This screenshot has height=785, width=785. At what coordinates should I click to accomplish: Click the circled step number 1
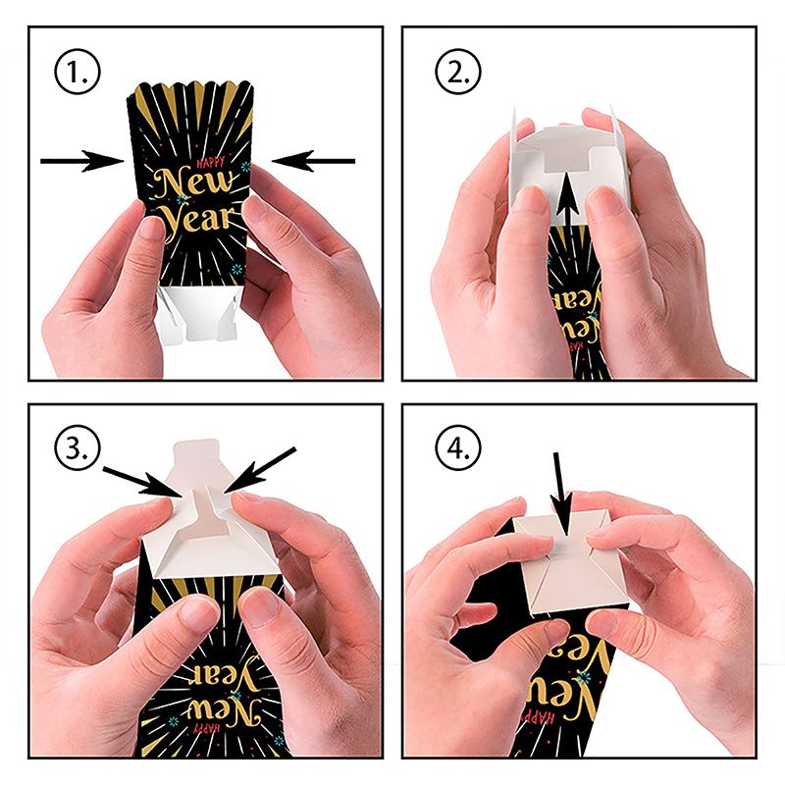click(x=78, y=72)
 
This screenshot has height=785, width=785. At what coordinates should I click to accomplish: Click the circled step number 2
click(x=458, y=72)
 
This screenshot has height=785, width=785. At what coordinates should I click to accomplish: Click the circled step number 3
click(x=78, y=447)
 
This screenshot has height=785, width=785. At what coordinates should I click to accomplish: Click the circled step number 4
click(x=458, y=447)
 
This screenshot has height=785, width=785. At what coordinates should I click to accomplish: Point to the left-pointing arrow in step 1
click(x=313, y=161)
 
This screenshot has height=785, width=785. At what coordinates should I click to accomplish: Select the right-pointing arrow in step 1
click(x=82, y=161)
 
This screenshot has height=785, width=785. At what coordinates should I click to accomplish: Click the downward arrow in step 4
click(x=561, y=493)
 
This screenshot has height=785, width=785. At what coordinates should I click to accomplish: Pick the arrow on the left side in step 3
click(x=142, y=482)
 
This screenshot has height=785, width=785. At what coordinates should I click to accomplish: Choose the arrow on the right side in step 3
click(x=260, y=471)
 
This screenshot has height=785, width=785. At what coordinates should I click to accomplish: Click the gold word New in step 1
click(x=194, y=183)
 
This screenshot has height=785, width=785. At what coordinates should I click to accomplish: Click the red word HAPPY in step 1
click(x=211, y=162)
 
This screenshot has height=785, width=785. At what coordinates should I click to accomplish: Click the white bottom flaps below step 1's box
click(x=198, y=313)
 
